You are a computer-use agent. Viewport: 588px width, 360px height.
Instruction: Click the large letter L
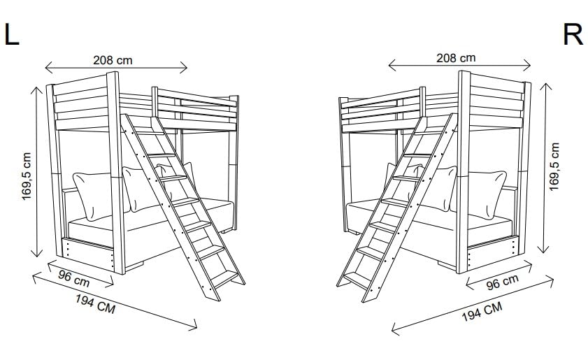pos(12,34)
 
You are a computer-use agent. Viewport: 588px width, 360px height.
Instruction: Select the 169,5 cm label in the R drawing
pos(554,167)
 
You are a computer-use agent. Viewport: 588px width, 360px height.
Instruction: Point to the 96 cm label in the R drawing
pos(502,282)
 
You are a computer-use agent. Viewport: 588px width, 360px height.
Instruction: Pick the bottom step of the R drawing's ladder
pos(357,278)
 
